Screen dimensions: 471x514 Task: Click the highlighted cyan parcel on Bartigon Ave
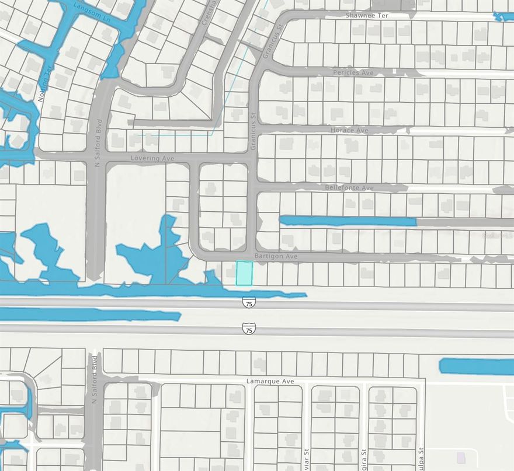click(244, 273)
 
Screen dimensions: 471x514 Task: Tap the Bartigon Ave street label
click(276, 256)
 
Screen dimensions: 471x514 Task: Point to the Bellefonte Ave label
click(349, 188)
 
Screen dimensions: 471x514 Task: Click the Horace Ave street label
click(349, 130)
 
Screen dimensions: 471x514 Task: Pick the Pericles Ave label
click(353, 72)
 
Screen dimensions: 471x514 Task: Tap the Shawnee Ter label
click(367, 15)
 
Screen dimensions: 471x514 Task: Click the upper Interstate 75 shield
click(249, 302)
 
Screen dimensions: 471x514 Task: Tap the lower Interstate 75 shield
click(249, 329)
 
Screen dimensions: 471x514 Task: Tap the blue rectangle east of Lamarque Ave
click(476, 367)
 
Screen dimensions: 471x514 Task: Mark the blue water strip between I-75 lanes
click(88, 315)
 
